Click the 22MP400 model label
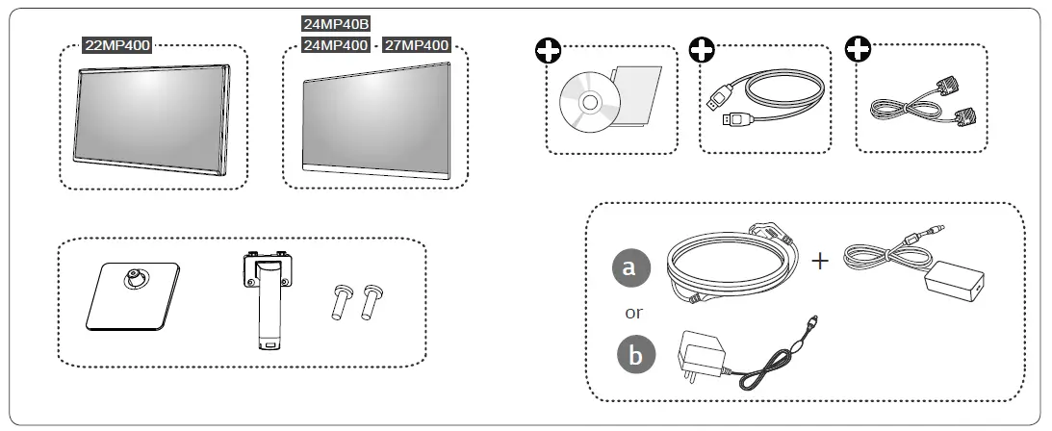[x=117, y=44]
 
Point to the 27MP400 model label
[x=417, y=44]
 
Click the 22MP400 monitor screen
[x=152, y=118]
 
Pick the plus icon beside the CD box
[x=549, y=49]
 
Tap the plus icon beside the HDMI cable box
[x=704, y=49]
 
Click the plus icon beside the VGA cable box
[x=857, y=49]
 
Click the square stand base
[x=130, y=298]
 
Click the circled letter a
[x=629, y=268]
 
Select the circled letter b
[x=634, y=356]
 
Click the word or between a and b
[x=633, y=313]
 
